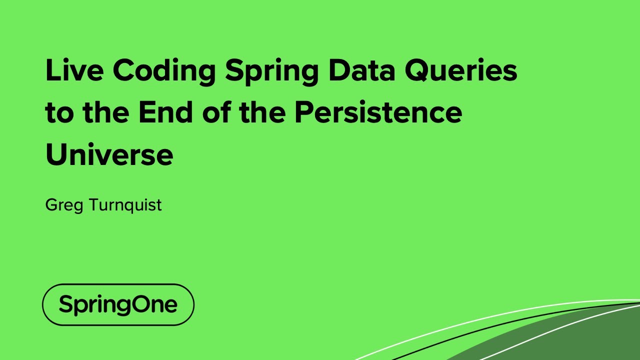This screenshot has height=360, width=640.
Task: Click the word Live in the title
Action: (74, 70)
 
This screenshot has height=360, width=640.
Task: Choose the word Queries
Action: (460, 71)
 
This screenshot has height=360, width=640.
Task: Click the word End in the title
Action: (164, 112)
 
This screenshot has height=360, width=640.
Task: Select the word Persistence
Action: (378, 112)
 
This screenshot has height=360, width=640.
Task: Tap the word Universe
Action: (109, 154)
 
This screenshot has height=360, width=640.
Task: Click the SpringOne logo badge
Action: (118, 304)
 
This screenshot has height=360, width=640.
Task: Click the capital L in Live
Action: (52, 70)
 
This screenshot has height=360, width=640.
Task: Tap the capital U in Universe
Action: (56, 154)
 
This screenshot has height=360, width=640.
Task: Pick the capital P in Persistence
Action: (304, 112)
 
